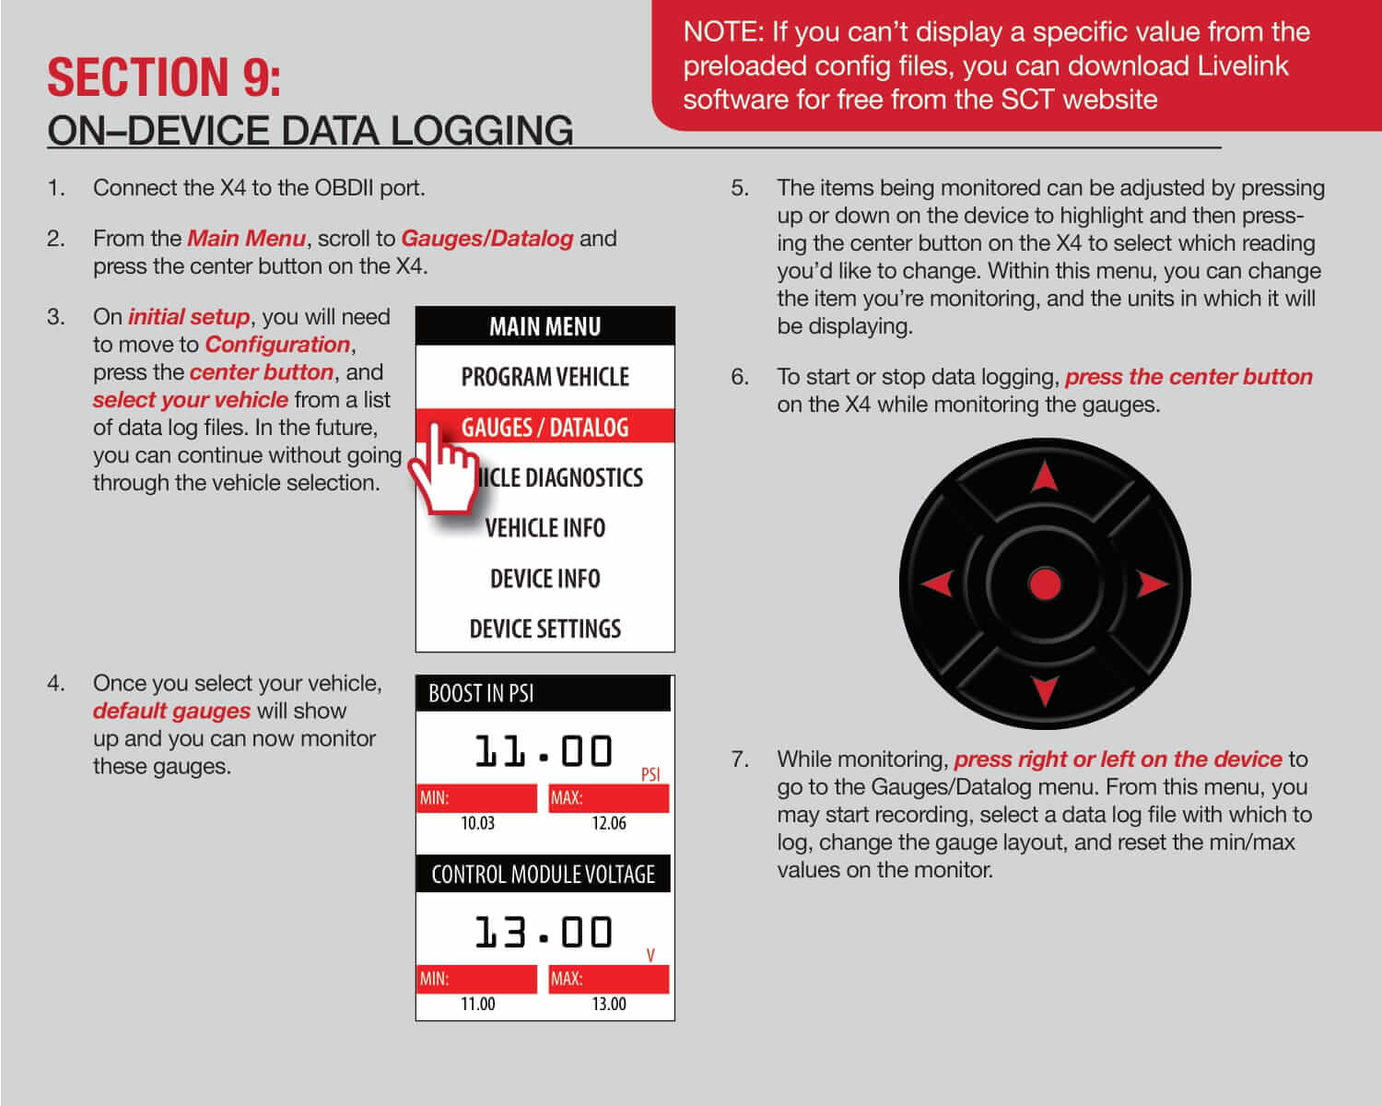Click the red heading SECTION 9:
tap(164, 77)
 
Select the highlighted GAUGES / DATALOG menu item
tap(545, 428)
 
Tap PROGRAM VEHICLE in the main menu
tap(545, 377)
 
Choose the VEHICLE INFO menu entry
tap(545, 528)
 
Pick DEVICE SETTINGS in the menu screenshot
tap(545, 629)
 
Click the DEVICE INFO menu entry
tap(545, 579)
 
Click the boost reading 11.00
tap(543, 752)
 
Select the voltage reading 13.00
tap(543, 933)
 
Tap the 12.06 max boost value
tap(608, 823)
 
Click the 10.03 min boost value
tap(477, 823)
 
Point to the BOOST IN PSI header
tap(481, 693)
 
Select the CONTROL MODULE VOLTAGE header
tap(543, 874)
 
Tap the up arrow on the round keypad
tap(1044, 477)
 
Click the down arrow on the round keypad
tap(1044, 690)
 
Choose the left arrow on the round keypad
tap(938, 583)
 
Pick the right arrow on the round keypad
tap(1152, 583)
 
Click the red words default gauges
tap(171, 711)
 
